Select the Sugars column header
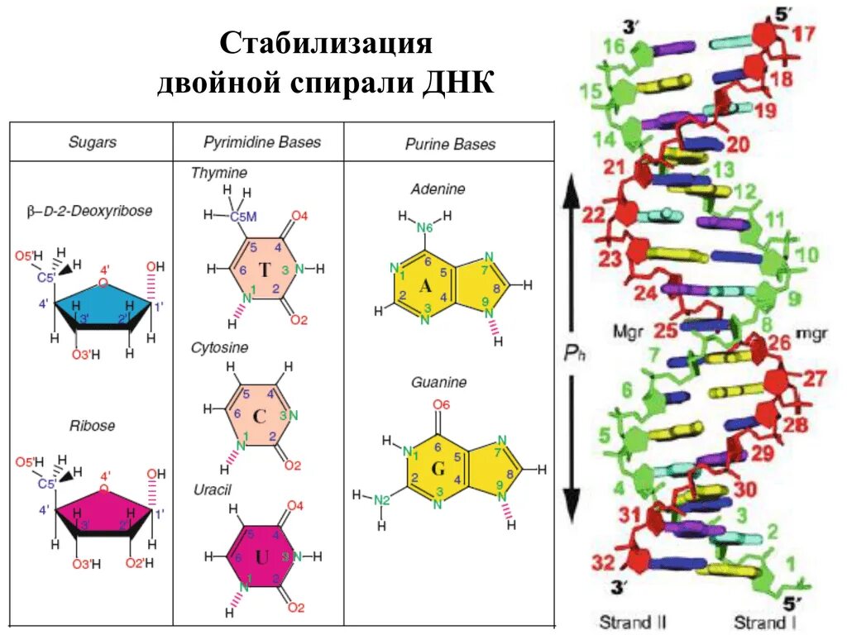(92, 142)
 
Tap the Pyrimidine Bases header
(262, 142)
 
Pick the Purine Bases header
(450, 144)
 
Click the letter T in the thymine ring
(264, 271)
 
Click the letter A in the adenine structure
(426, 286)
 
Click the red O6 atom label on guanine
(441, 405)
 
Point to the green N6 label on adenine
(424, 227)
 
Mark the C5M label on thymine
(243, 217)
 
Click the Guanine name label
(438, 383)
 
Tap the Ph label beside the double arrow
(575, 353)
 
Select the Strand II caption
(634, 620)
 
